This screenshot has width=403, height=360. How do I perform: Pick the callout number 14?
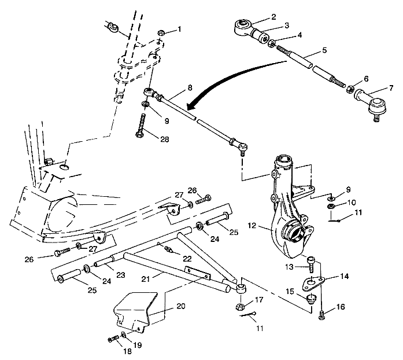(x=345, y=277)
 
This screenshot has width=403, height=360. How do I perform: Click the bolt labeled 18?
(x=112, y=339)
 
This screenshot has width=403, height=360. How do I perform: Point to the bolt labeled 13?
(x=312, y=265)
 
